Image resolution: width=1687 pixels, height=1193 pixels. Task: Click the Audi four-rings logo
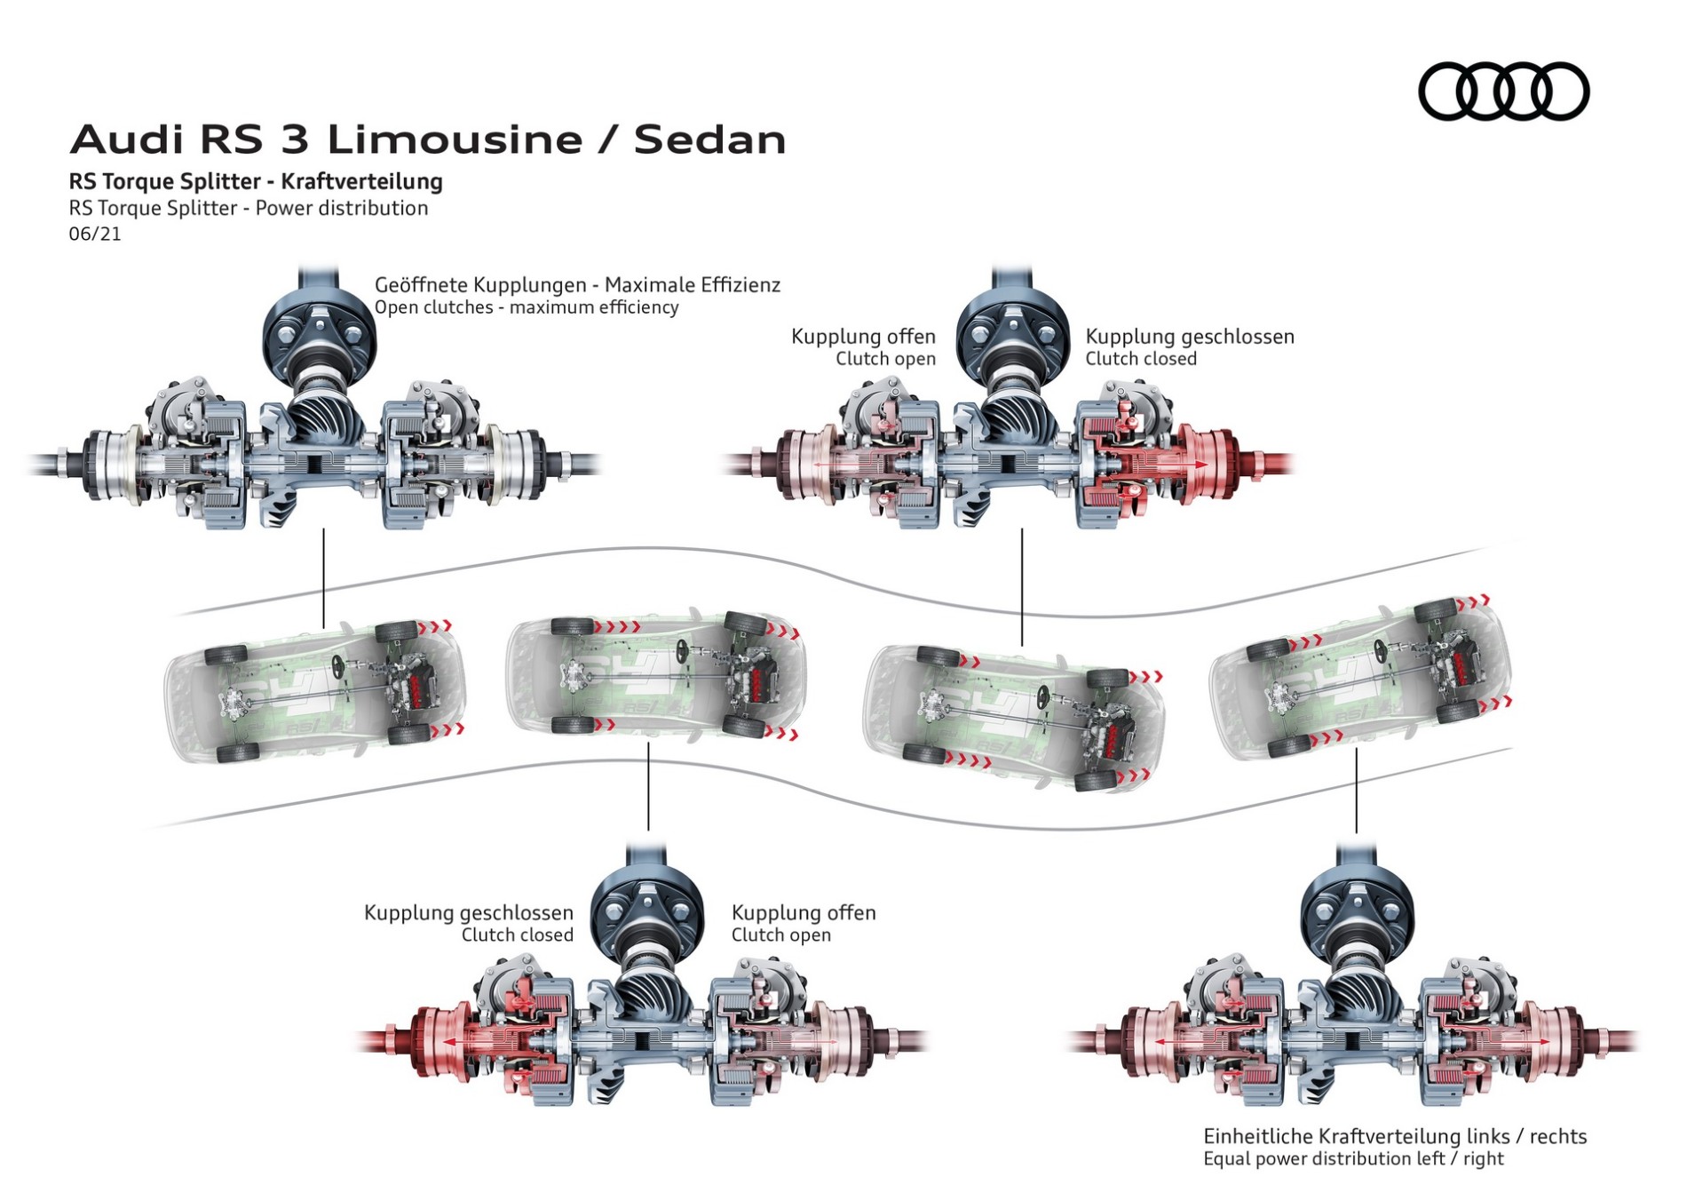pyautogui.click(x=1503, y=91)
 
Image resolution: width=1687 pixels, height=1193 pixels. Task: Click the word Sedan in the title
pyautogui.click(x=709, y=140)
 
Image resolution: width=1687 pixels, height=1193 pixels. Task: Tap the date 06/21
pyautogui.click(x=95, y=234)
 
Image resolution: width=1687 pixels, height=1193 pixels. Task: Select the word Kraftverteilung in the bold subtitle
pyautogui.click(x=361, y=181)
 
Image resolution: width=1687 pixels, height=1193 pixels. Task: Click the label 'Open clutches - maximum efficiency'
pyautogui.click(x=526, y=307)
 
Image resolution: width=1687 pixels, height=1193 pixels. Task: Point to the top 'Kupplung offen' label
pyautogui.click(x=863, y=337)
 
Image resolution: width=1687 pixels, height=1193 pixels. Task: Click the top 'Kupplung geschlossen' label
pyautogui.click(x=1190, y=337)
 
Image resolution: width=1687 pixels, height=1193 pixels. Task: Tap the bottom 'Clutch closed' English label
pyautogui.click(x=517, y=935)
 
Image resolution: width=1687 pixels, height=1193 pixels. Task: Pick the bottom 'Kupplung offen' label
pyautogui.click(x=804, y=913)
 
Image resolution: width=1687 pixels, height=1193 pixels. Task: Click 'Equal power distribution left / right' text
pyautogui.click(x=1353, y=1159)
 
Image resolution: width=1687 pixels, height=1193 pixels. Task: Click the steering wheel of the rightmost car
pyautogui.click(x=1382, y=648)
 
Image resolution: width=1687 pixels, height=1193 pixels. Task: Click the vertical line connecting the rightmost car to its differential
pyautogui.click(x=1356, y=791)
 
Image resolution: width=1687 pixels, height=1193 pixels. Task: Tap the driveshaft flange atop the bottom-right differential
pyautogui.click(x=1357, y=913)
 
